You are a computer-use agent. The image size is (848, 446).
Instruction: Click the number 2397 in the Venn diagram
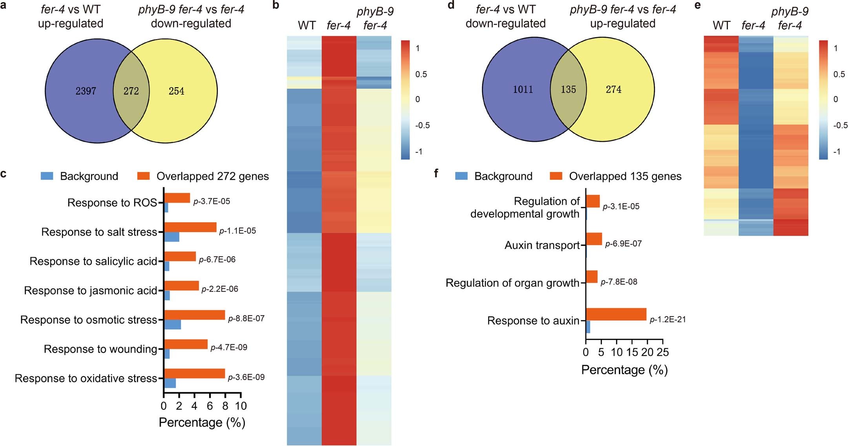86,91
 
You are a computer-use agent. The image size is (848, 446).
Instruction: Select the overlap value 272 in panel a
131,91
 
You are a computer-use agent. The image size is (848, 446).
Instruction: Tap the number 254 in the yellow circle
176,91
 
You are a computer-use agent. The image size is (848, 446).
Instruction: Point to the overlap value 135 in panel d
568,90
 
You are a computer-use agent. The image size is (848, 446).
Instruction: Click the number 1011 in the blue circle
523,90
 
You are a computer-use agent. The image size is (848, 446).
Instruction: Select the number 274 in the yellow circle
613,90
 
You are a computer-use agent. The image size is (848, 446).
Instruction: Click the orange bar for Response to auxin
616,314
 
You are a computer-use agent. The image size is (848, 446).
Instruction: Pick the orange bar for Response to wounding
186,344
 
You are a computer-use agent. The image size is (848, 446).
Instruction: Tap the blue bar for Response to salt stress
171,237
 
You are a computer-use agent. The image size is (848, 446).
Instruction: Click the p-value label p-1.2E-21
667,320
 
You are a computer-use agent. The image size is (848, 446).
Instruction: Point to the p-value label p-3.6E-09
246,377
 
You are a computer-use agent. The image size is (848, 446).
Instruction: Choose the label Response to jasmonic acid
90,291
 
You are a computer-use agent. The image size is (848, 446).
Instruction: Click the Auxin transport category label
542,245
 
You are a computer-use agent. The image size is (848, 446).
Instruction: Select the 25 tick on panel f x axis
662,352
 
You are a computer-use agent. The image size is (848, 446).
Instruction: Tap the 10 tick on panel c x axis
241,406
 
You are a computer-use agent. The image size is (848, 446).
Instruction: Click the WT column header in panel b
306,26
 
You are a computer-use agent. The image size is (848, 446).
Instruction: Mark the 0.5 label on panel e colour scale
839,74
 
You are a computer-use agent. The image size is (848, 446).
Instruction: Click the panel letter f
436,173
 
